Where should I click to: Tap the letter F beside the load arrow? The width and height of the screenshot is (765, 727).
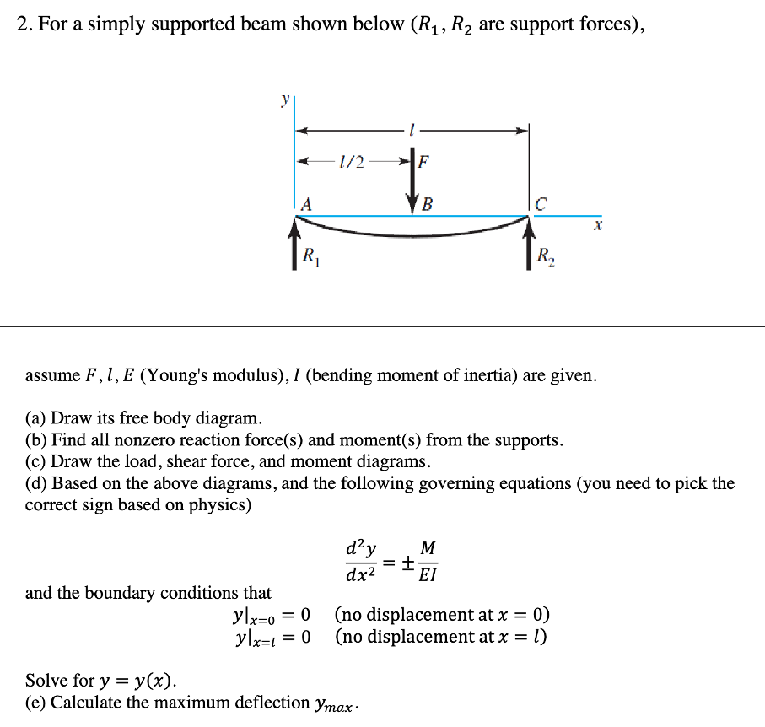pos(423,160)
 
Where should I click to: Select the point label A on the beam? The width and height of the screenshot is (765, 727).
pos(305,203)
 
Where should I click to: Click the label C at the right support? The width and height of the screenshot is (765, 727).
pos(541,203)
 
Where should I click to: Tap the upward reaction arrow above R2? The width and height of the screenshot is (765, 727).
pos(530,243)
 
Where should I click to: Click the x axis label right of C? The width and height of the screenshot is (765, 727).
pos(597,227)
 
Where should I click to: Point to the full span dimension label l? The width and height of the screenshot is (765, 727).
pos(412,130)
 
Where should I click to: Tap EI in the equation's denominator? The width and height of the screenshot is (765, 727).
pos(428,577)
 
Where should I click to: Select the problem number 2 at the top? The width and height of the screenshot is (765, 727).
pos(23,24)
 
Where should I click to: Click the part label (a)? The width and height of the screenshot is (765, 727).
pos(36,418)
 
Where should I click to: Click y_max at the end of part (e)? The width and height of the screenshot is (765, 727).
pos(333,703)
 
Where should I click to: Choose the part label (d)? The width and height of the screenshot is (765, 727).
pos(36,484)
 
